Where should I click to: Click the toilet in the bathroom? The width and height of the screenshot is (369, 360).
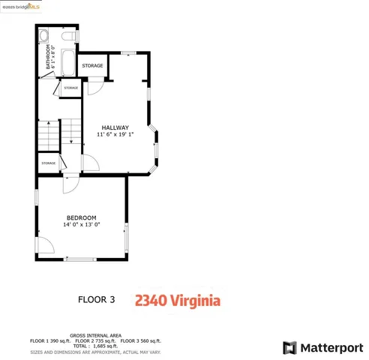[69, 36]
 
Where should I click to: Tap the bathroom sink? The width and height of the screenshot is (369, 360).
[43, 36]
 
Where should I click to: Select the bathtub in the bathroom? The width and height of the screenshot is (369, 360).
[65, 62]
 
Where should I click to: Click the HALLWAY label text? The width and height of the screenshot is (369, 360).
[115, 127]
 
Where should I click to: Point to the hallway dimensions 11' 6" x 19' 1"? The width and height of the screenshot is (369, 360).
[115, 135]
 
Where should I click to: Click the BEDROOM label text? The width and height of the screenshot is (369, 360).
[82, 217]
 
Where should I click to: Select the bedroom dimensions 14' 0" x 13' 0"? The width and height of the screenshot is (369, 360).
[82, 224]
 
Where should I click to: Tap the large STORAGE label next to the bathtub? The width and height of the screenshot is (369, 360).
[92, 66]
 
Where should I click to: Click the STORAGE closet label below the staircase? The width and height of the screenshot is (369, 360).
[49, 163]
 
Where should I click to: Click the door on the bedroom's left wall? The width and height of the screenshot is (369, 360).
[43, 245]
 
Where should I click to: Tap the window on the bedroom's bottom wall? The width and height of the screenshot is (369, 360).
[81, 259]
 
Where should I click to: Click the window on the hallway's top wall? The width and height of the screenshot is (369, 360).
[128, 52]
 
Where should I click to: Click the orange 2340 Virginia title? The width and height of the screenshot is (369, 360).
[177, 301]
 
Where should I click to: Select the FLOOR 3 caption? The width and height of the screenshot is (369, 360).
[97, 301]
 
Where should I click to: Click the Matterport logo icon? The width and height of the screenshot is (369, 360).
[289, 348]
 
